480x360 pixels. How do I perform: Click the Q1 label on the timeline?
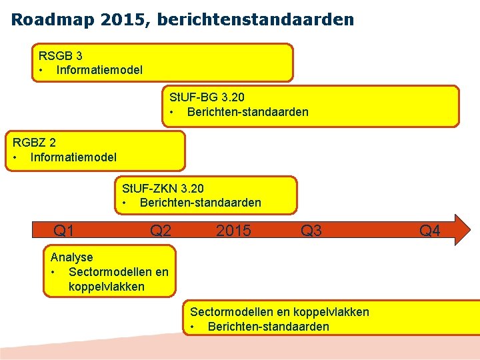[63, 231]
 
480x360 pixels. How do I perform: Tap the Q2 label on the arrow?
[161, 231]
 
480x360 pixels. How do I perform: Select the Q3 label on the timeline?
[311, 231]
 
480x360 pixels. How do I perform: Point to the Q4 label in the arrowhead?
[429, 231]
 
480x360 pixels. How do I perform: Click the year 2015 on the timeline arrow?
[233, 231]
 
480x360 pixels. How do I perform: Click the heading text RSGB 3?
[61, 56]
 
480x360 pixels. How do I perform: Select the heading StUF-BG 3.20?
[207, 97]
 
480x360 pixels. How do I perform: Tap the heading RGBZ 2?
[35, 143]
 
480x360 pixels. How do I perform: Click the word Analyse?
[72, 257]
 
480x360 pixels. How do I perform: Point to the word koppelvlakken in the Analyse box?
[106, 287]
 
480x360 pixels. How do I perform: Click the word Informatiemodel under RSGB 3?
[99, 69]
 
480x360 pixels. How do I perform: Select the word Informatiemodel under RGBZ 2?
[73, 157]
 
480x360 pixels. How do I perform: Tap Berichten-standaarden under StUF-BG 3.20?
[247, 112]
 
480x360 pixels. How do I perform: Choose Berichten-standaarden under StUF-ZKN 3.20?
[200, 203]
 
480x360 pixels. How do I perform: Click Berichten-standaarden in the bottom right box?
[268, 327]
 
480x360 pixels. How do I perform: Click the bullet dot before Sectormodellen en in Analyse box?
[52, 272]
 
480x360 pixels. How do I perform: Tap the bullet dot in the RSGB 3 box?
[41, 69]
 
